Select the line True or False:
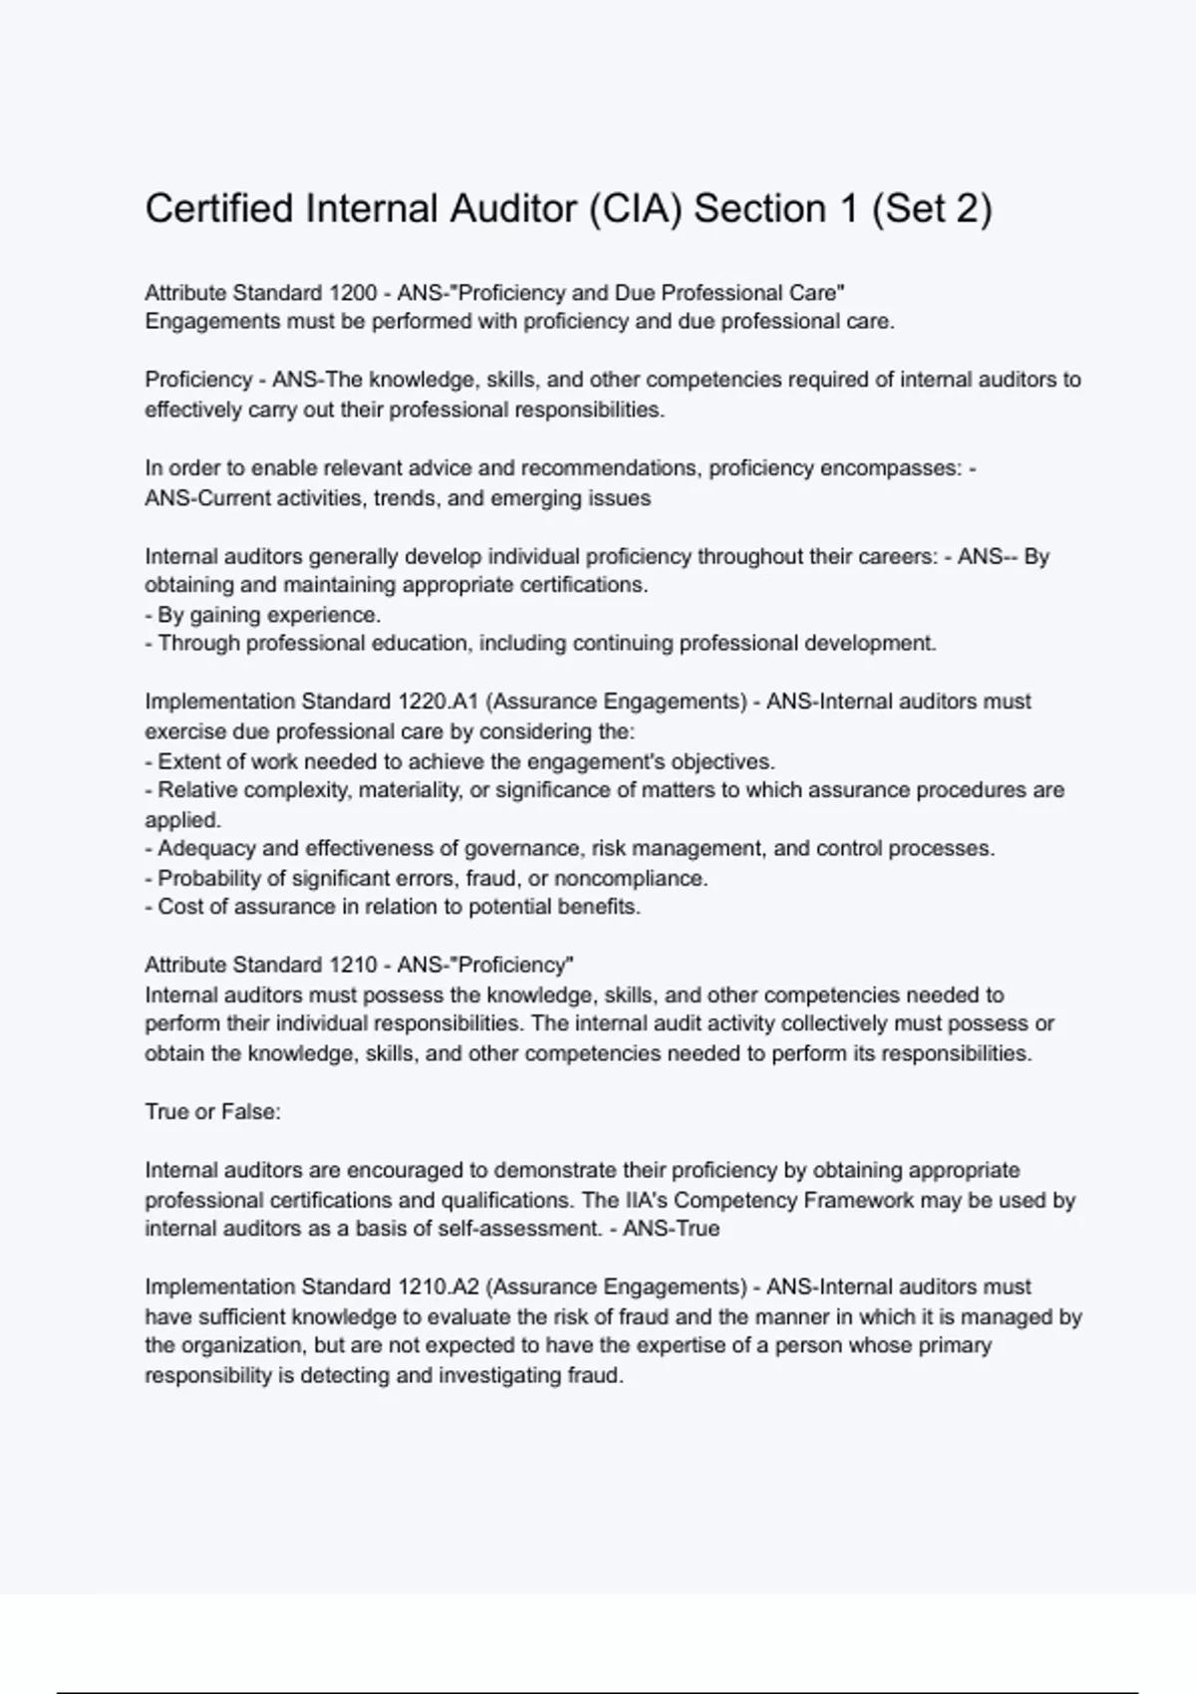(x=212, y=1112)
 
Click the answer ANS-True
(x=671, y=1229)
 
